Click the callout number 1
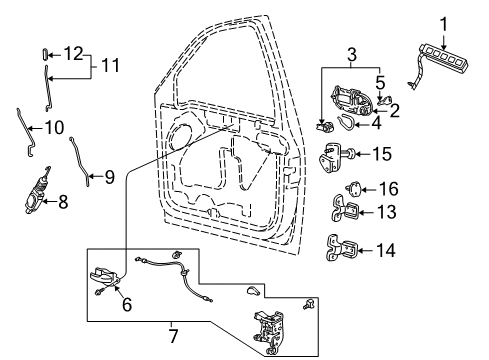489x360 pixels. click(x=443, y=25)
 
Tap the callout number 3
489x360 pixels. click(x=352, y=55)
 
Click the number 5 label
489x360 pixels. click(x=380, y=83)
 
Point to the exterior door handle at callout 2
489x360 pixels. click(x=352, y=102)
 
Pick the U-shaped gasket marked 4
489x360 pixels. click(x=346, y=121)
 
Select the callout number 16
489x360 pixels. click(x=389, y=189)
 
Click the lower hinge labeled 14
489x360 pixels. click(x=341, y=248)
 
